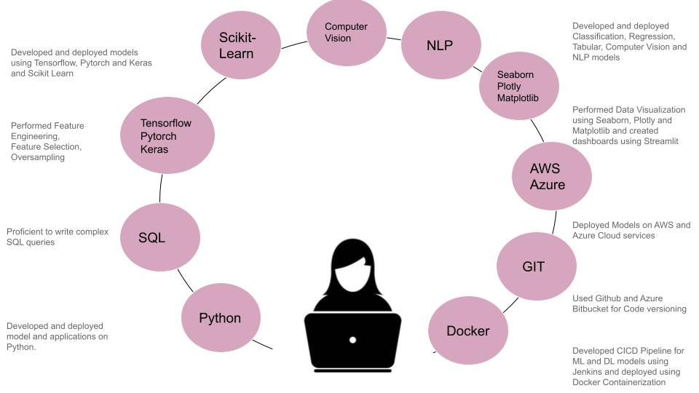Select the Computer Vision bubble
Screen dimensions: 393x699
tap(346, 33)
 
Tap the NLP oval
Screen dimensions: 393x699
tap(439, 45)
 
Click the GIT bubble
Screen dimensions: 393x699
tap(533, 266)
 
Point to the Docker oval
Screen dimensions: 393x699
tap(467, 331)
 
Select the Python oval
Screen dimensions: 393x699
tap(219, 318)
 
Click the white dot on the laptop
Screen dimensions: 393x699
tap(352, 340)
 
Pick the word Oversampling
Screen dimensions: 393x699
tap(38, 156)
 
